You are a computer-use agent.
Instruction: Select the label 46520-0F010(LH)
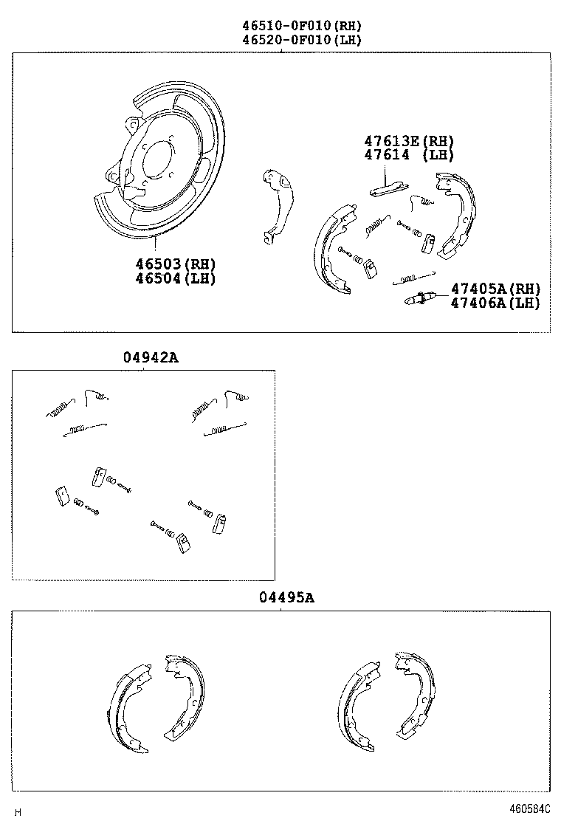[x=301, y=40]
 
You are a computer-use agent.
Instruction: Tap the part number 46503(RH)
[x=176, y=264]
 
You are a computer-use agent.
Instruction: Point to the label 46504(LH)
[x=176, y=278]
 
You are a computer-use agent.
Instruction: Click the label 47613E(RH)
[x=407, y=141]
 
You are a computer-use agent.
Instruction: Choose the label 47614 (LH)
[x=407, y=155]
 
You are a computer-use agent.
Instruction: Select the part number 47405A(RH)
[x=495, y=289]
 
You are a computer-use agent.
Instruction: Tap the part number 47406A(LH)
[x=495, y=303]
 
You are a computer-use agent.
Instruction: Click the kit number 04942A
[x=151, y=358]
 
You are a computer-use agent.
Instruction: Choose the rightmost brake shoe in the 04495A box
[x=415, y=694]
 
